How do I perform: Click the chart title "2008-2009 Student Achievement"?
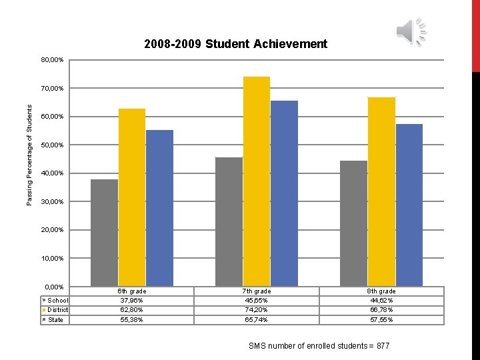[x=235, y=44]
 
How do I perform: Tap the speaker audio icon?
[x=411, y=31]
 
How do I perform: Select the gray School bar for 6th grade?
[x=104, y=233]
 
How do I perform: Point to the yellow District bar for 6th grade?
[x=132, y=197]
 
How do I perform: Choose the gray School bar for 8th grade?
[x=353, y=223]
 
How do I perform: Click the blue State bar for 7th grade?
[x=284, y=193]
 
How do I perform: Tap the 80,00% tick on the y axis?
[x=51, y=61]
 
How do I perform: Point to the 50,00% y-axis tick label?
[x=51, y=145]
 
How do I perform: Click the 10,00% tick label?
[x=51, y=259]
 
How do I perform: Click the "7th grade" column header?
[x=256, y=291]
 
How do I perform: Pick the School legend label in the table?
[x=58, y=301]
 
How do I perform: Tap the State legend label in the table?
[x=56, y=320]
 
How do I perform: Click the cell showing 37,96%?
[x=132, y=301]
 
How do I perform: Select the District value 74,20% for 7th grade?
[x=256, y=310]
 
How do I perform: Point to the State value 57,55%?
[x=381, y=320]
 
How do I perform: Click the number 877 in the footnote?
[x=383, y=346]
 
